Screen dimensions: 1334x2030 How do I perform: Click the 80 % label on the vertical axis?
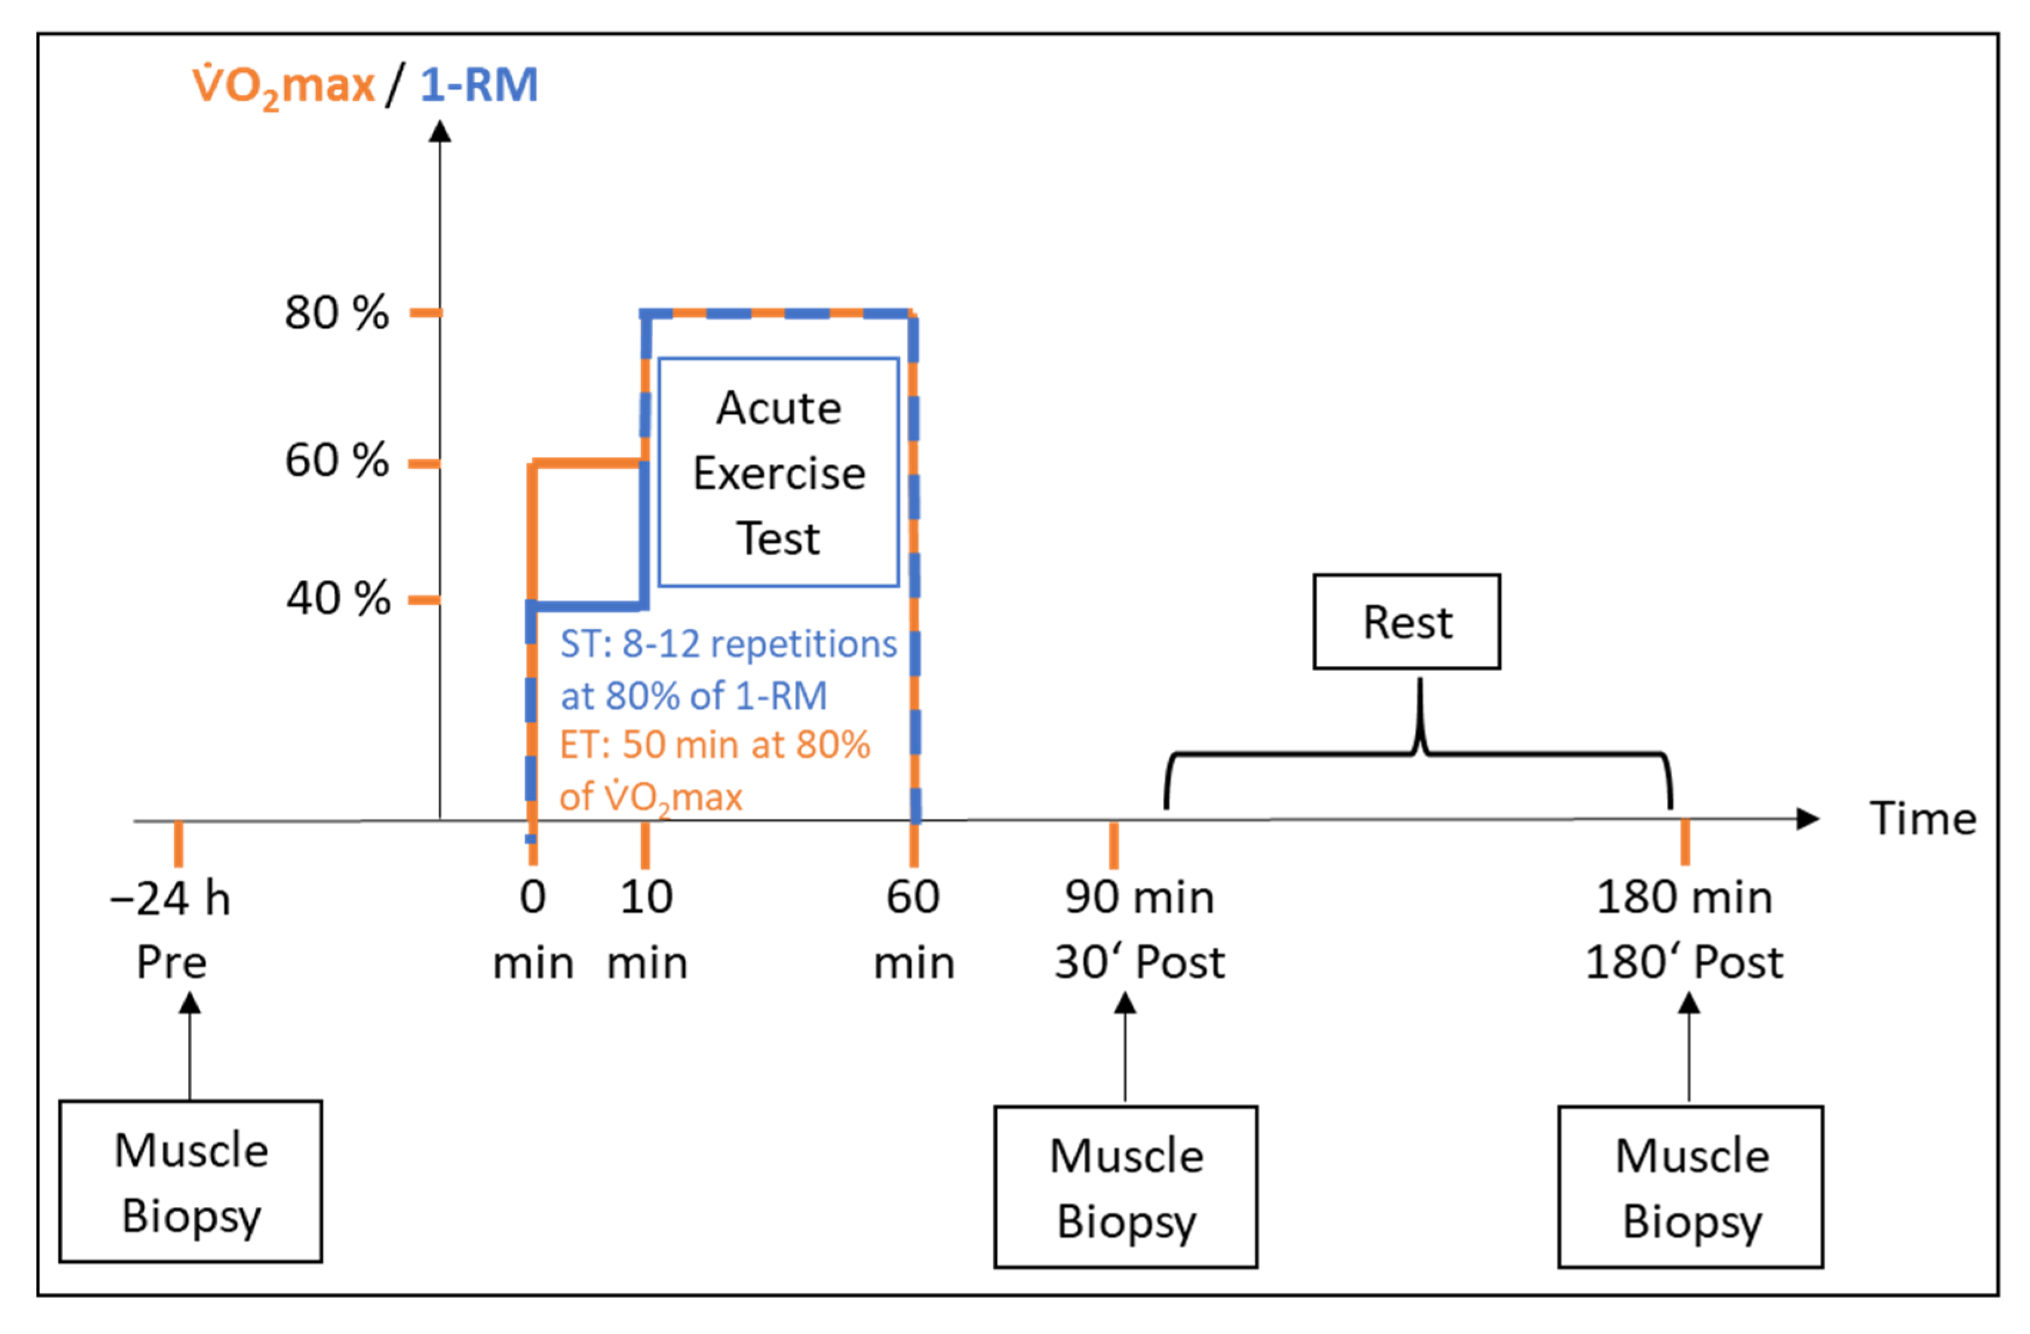[x=336, y=313]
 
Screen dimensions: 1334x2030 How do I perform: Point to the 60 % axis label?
[x=336, y=462]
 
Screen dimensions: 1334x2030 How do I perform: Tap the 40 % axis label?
[x=338, y=599]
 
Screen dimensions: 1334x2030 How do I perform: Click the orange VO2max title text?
[x=283, y=86]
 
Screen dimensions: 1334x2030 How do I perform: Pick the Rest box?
[x=1406, y=622]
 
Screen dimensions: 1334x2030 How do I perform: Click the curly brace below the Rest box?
[x=1418, y=751]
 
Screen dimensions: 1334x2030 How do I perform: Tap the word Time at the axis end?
[x=1922, y=819]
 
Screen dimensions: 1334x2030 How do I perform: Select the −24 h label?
[x=171, y=899]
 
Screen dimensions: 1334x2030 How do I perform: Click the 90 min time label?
[x=1139, y=897]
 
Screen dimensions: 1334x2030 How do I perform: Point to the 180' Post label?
[x=1684, y=962]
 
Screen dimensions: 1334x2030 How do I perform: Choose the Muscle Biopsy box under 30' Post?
[x=1125, y=1187]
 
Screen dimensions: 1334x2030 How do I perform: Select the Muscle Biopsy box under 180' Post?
[x=1691, y=1187]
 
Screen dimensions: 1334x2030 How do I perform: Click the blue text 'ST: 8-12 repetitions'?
[x=727, y=644]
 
